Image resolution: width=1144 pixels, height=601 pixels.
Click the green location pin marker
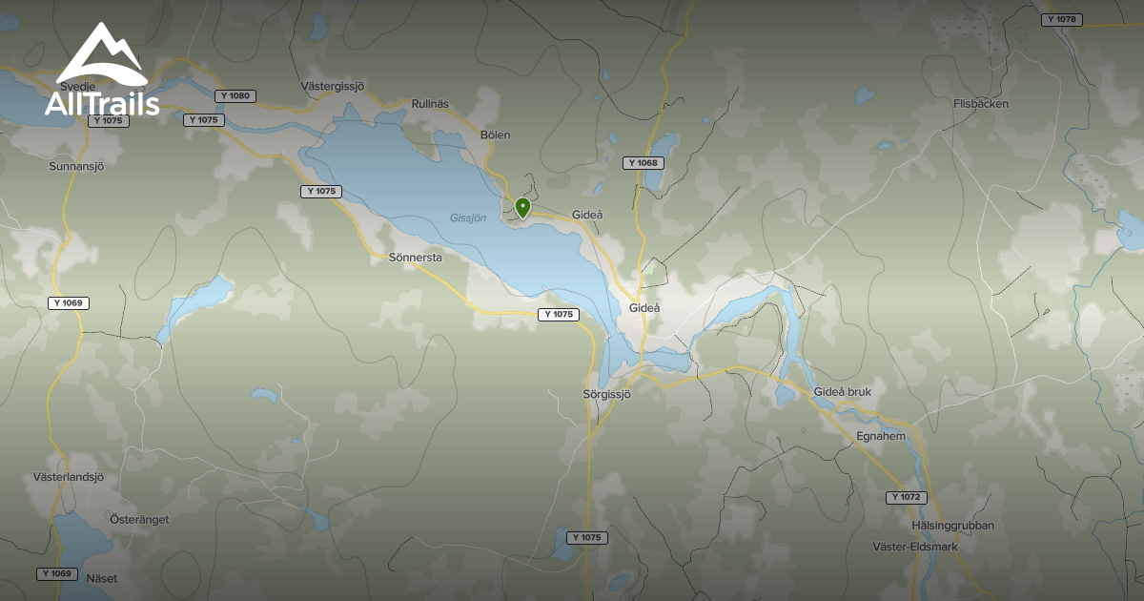[522, 207]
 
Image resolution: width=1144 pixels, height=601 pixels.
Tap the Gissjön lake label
[468, 218]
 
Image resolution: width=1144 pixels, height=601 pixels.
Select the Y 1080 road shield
[235, 95]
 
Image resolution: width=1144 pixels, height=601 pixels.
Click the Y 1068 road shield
[643, 163]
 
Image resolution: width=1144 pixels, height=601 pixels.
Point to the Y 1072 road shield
[906, 498]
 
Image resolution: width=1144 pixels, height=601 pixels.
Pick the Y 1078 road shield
[1060, 19]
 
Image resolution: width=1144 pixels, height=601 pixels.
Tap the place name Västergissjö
[333, 86]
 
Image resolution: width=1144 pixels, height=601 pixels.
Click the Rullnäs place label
[429, 104]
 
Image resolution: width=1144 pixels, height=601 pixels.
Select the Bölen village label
[496, 135]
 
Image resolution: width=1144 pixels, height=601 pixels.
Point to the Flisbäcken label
[981, 104]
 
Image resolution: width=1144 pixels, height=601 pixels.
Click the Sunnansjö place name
[75, 166]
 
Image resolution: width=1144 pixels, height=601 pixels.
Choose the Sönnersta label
[416, 258]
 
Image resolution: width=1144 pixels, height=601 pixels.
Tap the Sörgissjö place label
[607, 394]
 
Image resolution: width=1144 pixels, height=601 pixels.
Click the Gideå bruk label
[843, 392]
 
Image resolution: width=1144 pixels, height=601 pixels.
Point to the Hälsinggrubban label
[952, 526]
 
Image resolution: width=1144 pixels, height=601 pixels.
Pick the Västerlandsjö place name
[68, 477]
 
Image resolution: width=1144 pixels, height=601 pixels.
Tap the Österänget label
[139, 519]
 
